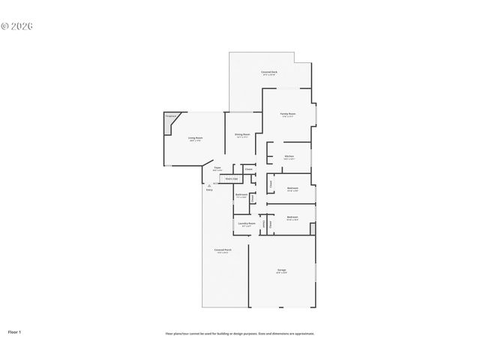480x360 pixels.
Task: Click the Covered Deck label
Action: coord(268,73)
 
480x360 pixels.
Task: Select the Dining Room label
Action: coord(242,136)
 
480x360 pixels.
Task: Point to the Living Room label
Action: coord(195,139)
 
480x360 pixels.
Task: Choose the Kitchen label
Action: coord(289,157)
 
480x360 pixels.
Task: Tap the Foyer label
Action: coord(217,169)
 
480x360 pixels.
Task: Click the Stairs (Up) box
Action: coord(232,178)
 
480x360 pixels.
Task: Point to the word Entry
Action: coord(209,189)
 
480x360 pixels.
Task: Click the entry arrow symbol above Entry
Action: coord(209,184)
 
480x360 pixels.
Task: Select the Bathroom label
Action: coord(241,196)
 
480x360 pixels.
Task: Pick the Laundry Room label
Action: coord(247,224)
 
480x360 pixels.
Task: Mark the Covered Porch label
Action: coord(223,250)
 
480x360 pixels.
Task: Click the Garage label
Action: coord(281,271)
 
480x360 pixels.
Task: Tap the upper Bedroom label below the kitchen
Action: coord(292,189)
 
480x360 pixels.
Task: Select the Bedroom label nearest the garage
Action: coord(292,218)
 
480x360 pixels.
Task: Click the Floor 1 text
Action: coord(14,331)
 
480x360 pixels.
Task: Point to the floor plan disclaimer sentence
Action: coord(240,334)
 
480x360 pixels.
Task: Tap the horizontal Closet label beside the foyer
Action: coord(248,169)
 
